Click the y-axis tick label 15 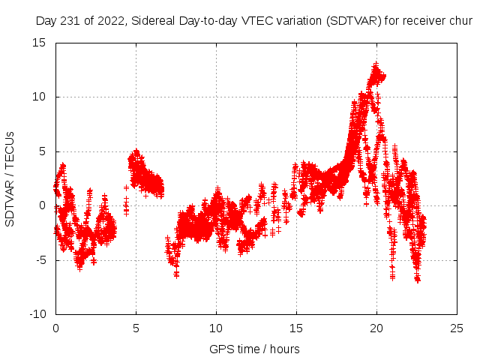39,43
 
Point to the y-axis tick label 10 39,97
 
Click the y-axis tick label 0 43,205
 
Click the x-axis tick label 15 296,328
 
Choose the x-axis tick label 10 216,328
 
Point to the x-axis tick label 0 55,328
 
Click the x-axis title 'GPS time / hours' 256,349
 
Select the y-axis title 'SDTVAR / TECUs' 10,178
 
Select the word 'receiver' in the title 425,21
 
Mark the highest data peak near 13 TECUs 376,64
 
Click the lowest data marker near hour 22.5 418,280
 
